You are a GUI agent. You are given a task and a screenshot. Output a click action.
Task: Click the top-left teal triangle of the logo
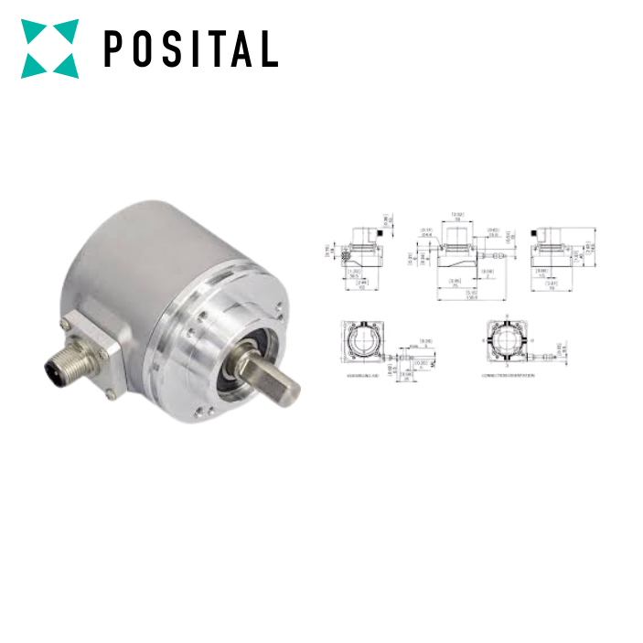32,29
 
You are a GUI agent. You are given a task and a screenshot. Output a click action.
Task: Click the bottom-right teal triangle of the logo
67,66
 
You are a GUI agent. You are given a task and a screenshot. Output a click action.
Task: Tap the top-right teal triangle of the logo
68,29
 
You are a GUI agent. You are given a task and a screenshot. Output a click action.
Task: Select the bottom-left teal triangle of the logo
32,66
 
